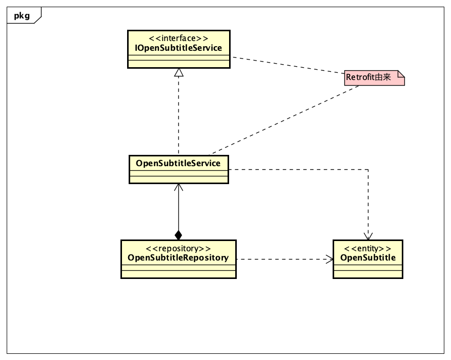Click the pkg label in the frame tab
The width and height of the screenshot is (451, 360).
[x=22, y=16]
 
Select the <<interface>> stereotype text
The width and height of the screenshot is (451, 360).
[x=178, y=38]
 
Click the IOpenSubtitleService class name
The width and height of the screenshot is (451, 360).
[x=178, y=48]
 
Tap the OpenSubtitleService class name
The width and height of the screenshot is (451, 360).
[x=178, y=163]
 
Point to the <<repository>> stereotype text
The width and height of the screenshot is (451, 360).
[x=178, y=248]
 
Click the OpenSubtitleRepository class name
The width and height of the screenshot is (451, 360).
[x=178, y=257]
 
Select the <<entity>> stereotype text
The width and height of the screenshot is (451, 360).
[x=367, y=248]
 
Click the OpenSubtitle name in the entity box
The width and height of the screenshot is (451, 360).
[x=367, y=257]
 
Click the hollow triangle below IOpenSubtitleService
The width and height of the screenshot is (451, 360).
[x=178, y=73]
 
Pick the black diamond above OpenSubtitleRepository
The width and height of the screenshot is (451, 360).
[x=178, y=235]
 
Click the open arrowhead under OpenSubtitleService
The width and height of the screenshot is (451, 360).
[x=178, y=188]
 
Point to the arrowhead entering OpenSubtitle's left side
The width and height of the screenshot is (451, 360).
[x=329, y=259]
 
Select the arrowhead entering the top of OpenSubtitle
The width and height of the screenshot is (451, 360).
[x=368, y=235]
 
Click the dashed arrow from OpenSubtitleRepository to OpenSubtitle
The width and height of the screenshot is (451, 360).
[x=282, y=259]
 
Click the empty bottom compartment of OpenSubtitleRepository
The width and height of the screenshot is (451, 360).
[x=178, y=273]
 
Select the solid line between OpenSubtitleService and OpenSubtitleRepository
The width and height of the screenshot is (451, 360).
[x=178, y=210]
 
